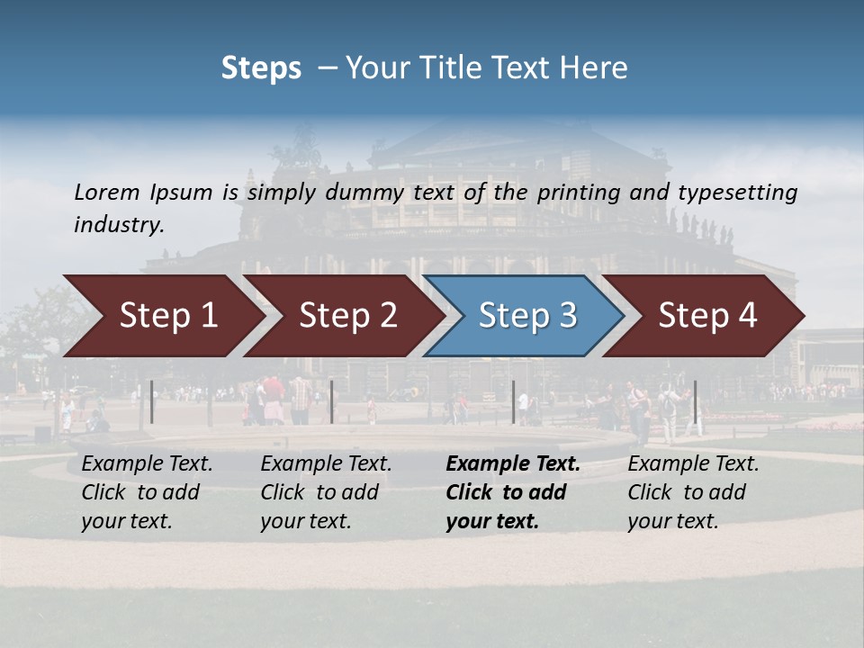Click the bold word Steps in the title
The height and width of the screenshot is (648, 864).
(x=261, y=68)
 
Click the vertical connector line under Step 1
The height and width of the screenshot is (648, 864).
(x=152, y=401)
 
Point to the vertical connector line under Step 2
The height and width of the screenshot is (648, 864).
(x=332, y=401)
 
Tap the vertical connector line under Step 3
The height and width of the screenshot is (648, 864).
(x=514, y=401)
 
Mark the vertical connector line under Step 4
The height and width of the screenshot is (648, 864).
(x=695, y=401)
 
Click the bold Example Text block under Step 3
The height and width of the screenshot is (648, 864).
(x=513, y=492)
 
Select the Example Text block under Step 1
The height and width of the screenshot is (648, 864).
(x=147, y=492)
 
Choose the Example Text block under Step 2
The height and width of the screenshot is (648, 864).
(x=326, y=492)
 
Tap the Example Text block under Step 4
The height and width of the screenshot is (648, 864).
(x=693, y=492)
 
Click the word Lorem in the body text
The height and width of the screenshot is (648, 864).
(x=107, y=193)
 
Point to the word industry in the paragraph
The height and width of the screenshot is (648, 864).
(x=119, y=225)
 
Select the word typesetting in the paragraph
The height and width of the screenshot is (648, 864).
(x=737, y=193)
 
